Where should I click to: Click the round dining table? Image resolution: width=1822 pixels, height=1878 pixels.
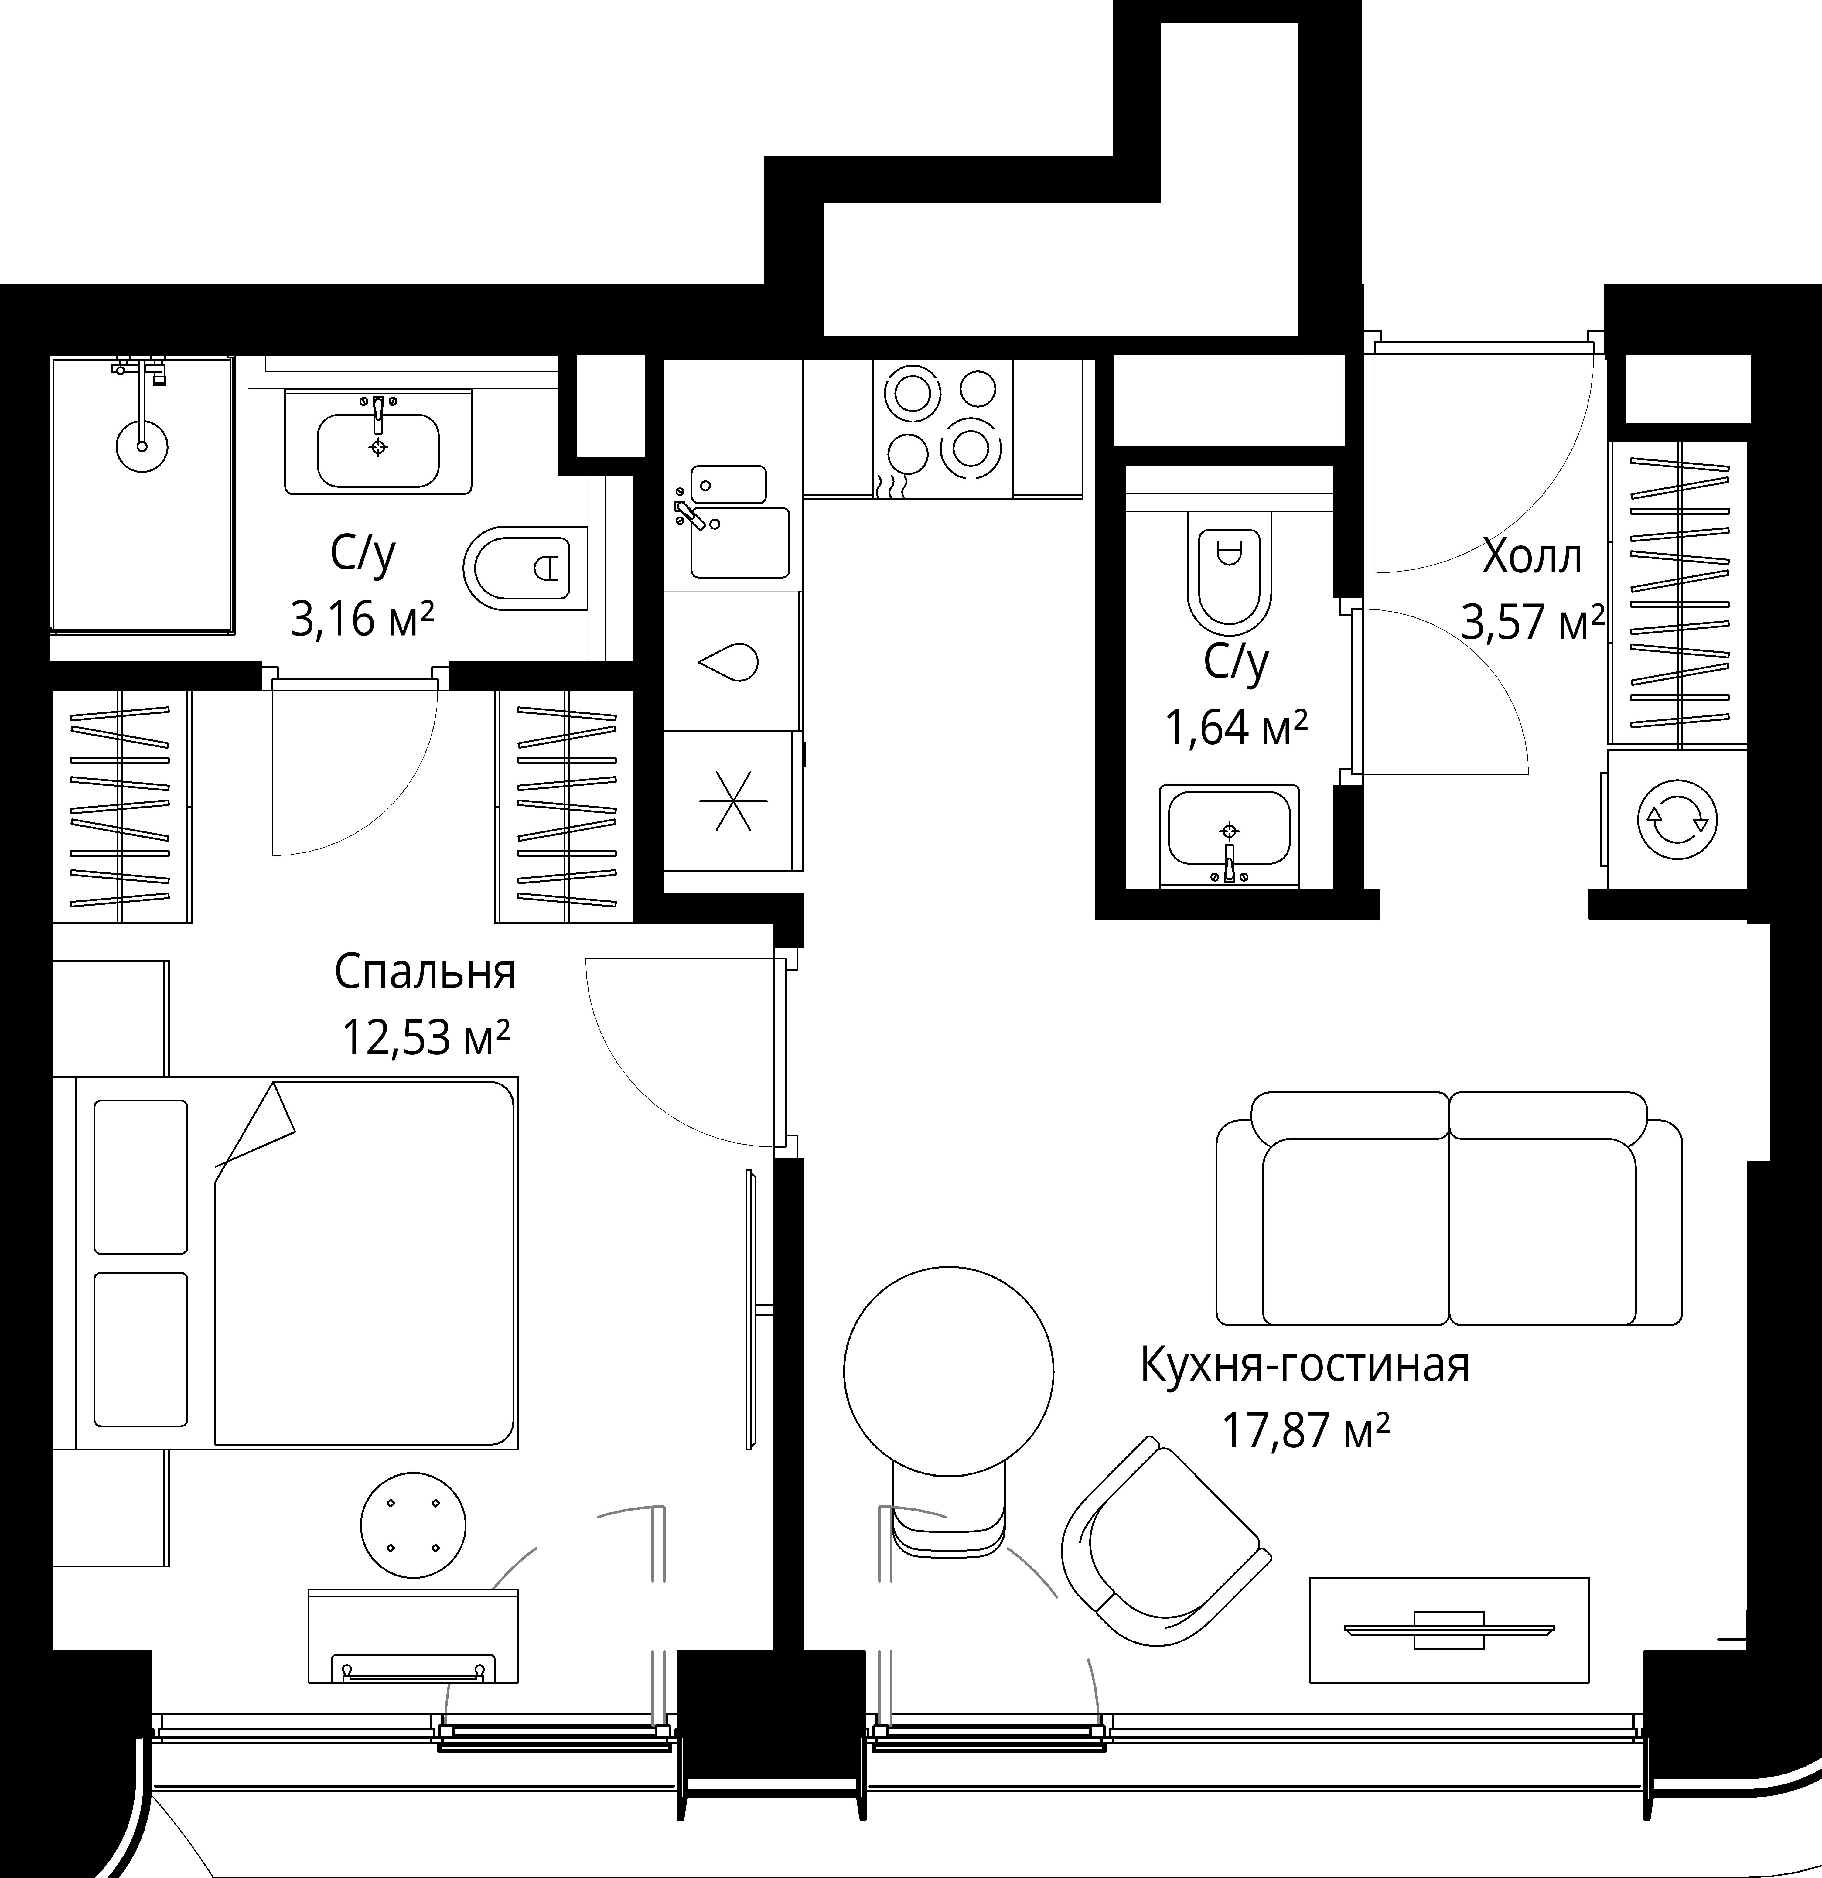(948, 1370)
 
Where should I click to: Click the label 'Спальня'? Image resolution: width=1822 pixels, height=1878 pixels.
(425, 971)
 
